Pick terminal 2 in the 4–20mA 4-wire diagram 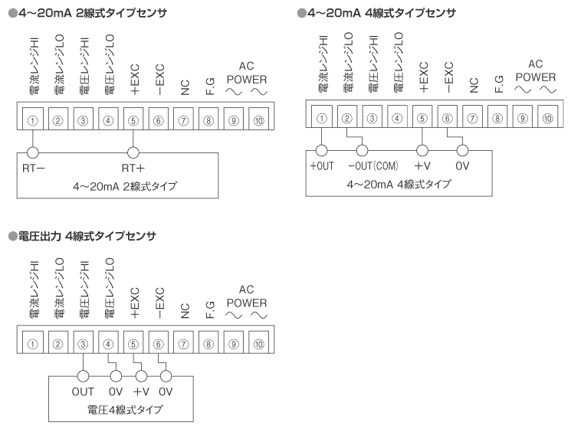(346, 118)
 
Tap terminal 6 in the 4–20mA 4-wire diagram (447, 118)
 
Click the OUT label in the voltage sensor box (83, 391)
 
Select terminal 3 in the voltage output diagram (83, 342)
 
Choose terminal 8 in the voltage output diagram (209, 342)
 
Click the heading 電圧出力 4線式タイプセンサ (84, 236)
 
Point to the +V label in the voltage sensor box (139, 391)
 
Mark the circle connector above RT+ (134, 153)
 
